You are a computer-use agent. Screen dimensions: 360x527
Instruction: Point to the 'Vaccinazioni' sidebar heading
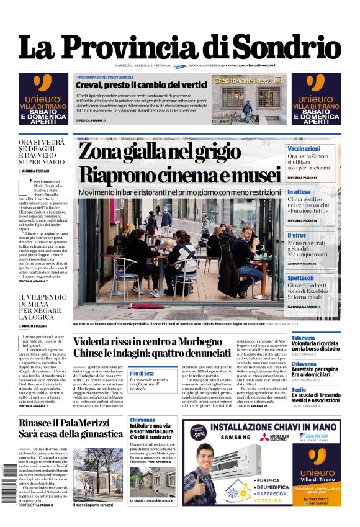pos(304,149)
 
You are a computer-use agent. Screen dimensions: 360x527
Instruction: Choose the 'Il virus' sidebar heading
pos(297,236)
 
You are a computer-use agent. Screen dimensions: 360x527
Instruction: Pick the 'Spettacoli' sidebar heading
pos(300,278)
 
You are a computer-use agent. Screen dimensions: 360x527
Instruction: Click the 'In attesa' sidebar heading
pos(299,192)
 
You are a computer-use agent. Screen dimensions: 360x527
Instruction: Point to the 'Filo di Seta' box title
pos(142,373)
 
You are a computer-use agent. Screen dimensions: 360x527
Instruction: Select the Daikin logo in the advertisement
pos(323,436)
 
